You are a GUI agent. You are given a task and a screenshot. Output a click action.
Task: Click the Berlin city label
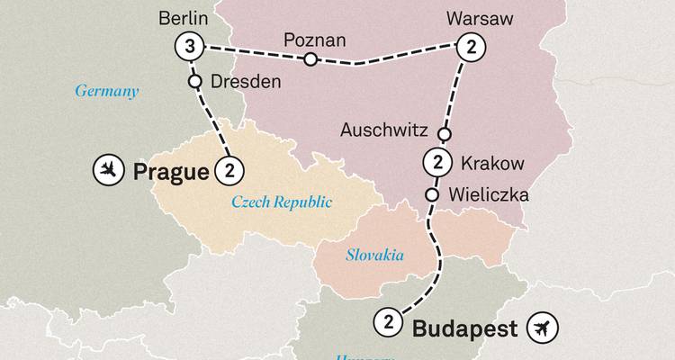pyautogui.click(x=184, y=18)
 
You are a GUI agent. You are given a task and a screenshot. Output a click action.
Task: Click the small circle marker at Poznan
pyautogui.click(x=310, y=60)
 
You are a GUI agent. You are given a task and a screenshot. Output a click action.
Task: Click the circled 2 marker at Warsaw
pyautogui.click(x=468, y=46)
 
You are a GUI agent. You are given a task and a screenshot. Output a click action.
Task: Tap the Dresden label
pyautogui.click(x=246, y=81)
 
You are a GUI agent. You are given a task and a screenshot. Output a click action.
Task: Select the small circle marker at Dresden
pyautogui.click(x=193, y=81)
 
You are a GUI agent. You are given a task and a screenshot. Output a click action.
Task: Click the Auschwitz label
pyautogui.click(x=383, y=130)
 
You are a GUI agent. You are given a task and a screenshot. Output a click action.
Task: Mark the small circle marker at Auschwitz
pyautogui.click(x=443, y=134)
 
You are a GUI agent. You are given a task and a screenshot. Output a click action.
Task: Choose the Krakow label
pyautogui.click(x=491, y=164)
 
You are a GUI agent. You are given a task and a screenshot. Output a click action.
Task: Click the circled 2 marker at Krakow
pyautogui.click(x=436, y=164)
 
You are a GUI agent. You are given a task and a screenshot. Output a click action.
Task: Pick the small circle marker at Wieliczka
pyautogui.click(x=432, y=194)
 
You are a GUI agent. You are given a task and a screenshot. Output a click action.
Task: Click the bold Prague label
pyautogui.click(x=170, y=170)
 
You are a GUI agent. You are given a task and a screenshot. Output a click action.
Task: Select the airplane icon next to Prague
pyautogui.click(x=108, y=168)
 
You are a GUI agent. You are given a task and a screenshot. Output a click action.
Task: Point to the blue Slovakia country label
pyautogui.click(x=373, y=256)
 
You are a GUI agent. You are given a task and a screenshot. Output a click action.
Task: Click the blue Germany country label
pyautogui.click(x=106, y=91)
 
